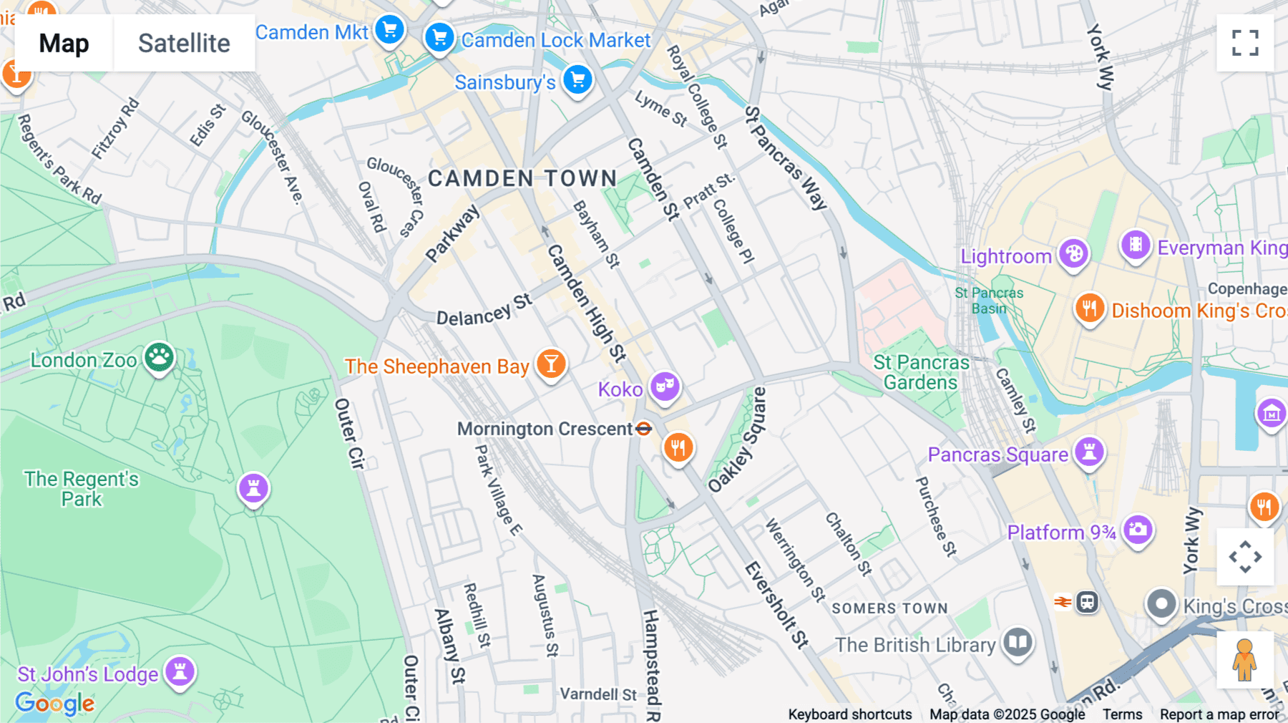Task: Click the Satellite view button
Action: point(184,43)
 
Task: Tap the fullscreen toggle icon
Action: point(1245,43)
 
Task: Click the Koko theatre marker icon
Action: point(665,387)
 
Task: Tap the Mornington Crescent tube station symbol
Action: point(644,429)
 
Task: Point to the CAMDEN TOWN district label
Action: point(522,178)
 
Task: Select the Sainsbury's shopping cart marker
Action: point(577,79)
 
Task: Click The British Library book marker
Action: point(1017,641)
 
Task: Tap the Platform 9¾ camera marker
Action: point(1137,530)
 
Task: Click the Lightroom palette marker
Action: point(1073,253)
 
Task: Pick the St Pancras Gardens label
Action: point(921,372)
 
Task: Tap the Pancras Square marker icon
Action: point(1089,452)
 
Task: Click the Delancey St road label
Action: point(484,310)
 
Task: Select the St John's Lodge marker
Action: point(180,671)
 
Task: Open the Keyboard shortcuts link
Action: point(849,714)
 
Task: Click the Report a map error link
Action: point(1219,714)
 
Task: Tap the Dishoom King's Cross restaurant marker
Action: point(1089,309)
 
